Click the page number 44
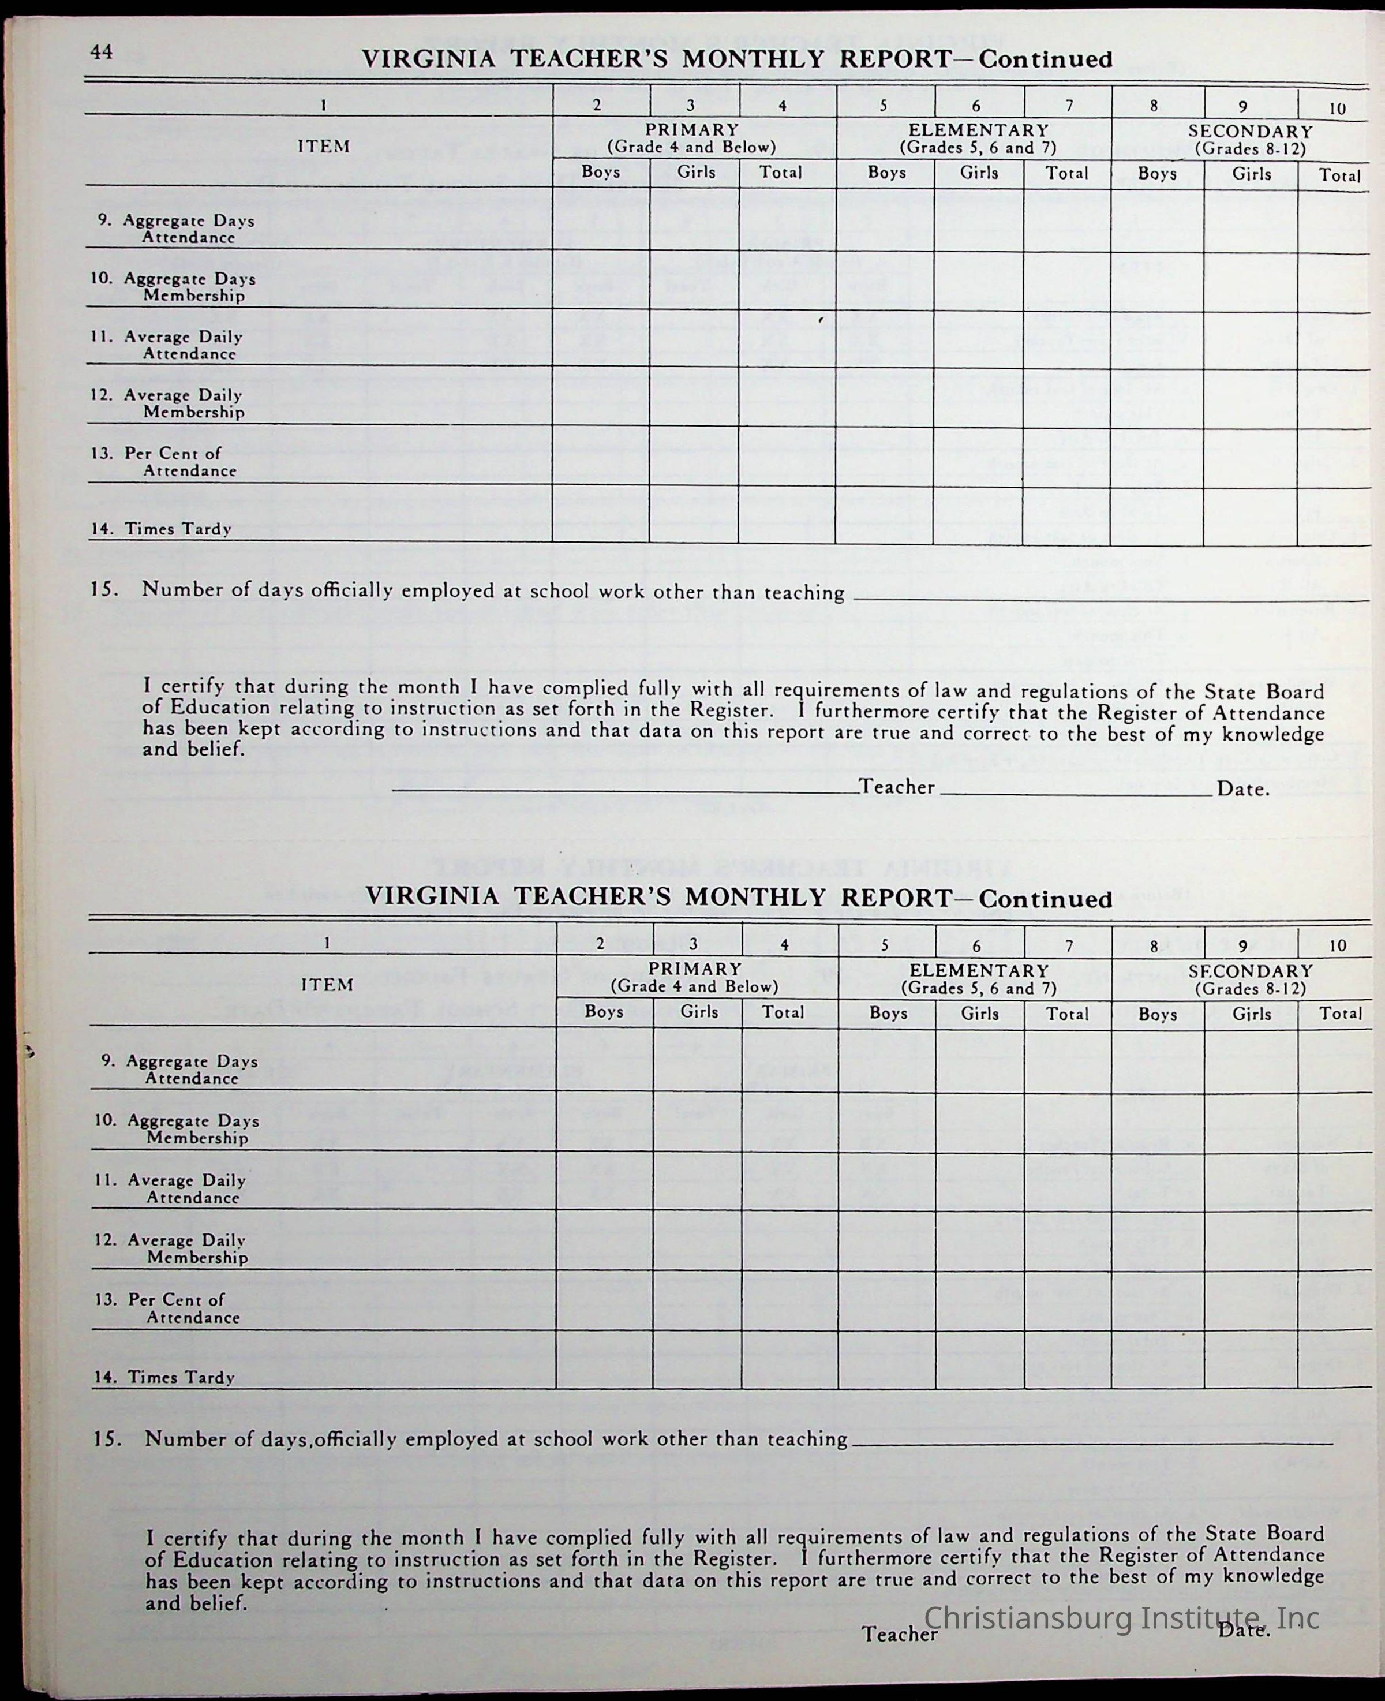pyautogui.click(x=102, y=53)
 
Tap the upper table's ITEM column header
pyautogui.click(x=324, y=147)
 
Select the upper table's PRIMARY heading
pyautogui.click(x=692, y=130)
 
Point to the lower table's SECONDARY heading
pyautogui.click(x=1250, y=971)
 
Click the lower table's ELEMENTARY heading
pyautogui.click(x=979, y=971)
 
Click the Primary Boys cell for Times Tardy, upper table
pyautogui.click(x=601, y=515)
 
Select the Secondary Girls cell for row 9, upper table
pyautogui.click(x=1250, y=222)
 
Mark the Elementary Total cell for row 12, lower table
pyautogui.click(x=1068, y=1239)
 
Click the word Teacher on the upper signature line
pyautogui.click(x=897, y=787)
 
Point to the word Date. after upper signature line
pyautogui.click(x=1243, y=790)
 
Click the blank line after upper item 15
pyautogui.click(x=1109, y=596)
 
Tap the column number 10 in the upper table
pyautogui.click(x=1337, y=108)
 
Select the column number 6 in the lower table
pyautogui.click(x=976, y=945)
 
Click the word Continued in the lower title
pyautogui.click(x=1045, y=899)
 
